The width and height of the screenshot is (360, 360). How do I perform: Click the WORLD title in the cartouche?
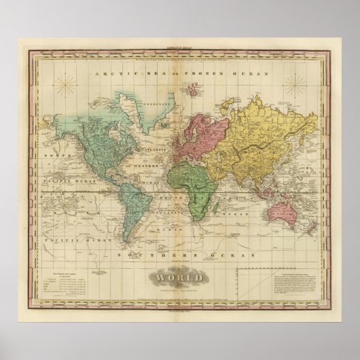coord(181,276)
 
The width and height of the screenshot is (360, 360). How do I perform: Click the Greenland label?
coord(136,106)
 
